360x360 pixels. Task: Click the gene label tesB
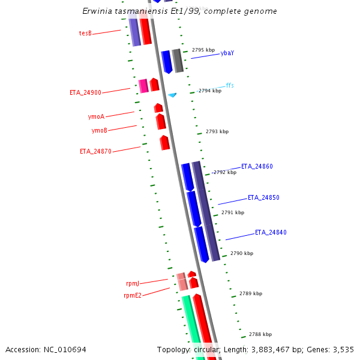click(85, 33)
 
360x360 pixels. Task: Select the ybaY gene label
click(227, 53)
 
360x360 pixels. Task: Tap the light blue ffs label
click(230, 85)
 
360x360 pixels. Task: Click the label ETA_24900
click(85, 92)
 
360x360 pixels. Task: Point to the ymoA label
click(96, 116)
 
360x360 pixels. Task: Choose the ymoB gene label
click(100, 130)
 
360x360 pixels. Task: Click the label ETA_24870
click(95, 151)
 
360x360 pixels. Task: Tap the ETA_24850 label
click(263, 197)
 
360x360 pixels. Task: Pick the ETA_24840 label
click(271, 232)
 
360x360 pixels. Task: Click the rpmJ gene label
click(133, 283)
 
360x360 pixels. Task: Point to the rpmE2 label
click(133, 295)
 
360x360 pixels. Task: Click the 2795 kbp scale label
click(203, 50)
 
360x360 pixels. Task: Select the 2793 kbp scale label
click(217, 131)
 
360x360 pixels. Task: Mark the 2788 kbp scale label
click(260, 334)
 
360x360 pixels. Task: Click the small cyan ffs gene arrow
click(172, 95)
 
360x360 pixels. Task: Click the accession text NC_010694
click(64, 349)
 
